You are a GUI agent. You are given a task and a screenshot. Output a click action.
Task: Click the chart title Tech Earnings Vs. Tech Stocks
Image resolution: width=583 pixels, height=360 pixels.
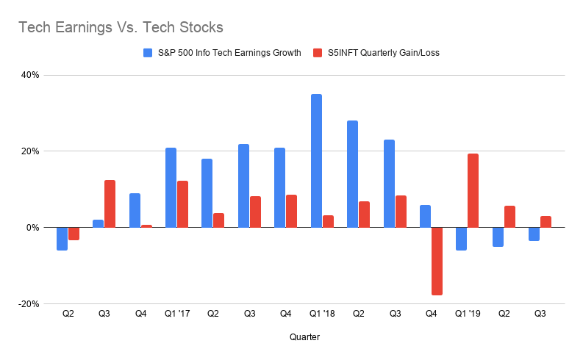click(x=121, y=28)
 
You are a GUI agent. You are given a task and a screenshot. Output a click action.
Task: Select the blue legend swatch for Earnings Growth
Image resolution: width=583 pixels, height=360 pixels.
click(x=149, y=53)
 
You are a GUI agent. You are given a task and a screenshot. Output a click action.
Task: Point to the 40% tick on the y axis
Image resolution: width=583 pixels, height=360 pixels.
click(x=29, y=75)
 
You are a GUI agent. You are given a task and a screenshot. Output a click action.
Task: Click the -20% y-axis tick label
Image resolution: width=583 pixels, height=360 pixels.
click(x=29, y=304)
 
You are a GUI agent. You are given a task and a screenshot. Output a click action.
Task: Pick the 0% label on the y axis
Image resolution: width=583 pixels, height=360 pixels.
click(x=33, y=228)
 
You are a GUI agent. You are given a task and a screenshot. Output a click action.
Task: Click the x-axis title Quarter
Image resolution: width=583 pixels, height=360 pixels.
click(x=304, y=337)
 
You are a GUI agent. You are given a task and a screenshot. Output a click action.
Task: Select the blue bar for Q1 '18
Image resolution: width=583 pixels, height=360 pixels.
click(x=316, y=161)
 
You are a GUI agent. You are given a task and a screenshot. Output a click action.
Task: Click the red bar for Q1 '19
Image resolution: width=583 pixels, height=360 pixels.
click(x=473, y=190)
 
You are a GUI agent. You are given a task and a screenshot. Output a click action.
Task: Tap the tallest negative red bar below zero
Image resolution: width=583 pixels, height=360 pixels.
click(x=437, y=262)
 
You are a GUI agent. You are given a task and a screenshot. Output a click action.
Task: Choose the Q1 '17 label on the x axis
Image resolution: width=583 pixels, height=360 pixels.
click(x=176, y=314)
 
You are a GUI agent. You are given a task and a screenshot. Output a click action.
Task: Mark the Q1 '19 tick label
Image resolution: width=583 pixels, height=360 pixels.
click(x=467, y=314)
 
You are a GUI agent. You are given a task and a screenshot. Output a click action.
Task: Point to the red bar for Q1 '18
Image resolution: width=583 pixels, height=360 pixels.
click(x=328, y=221)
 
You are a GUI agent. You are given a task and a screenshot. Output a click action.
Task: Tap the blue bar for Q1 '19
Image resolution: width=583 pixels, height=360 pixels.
click(x=461, y=239)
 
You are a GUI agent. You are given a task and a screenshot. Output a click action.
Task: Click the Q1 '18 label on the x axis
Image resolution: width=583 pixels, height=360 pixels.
click(x=322, y=314)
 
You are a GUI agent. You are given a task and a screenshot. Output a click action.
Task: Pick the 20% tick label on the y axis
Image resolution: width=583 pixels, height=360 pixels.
click(x=30, y=151)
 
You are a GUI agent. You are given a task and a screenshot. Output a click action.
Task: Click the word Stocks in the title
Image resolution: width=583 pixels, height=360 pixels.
click(x=197, y=28)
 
